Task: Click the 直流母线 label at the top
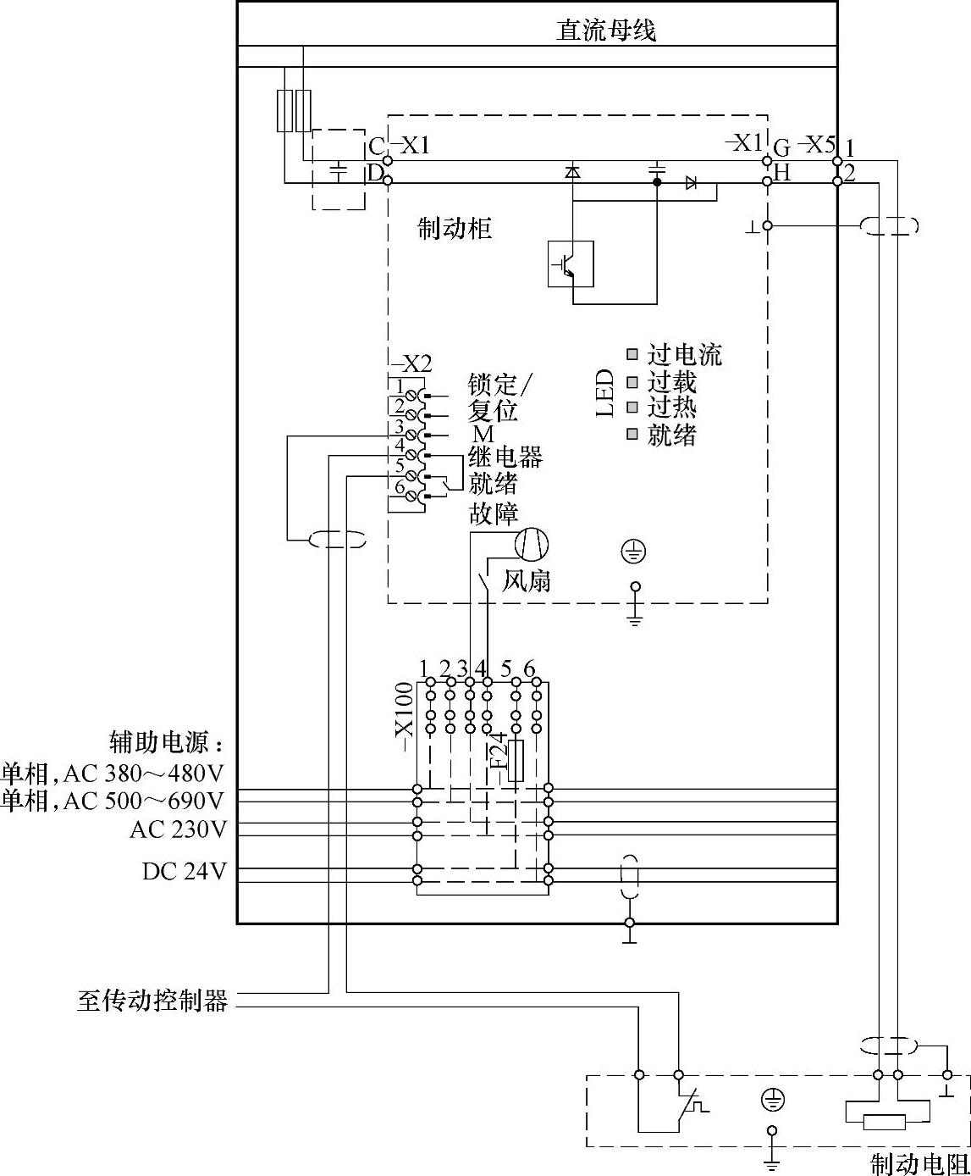[605, 31]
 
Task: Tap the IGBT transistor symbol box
[571, 264]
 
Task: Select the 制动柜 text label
[455, 229]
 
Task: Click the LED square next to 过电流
[632, 354]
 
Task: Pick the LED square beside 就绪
[632, 435]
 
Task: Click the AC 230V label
[178, 829]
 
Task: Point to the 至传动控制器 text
[152, 1001]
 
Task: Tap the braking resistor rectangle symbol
[884, 1122]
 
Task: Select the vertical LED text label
[604, 393]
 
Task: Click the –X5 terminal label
[817, 144]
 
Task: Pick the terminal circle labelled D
[388, 180]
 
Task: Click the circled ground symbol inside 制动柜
[634, 552]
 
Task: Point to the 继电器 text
[505, 458]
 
